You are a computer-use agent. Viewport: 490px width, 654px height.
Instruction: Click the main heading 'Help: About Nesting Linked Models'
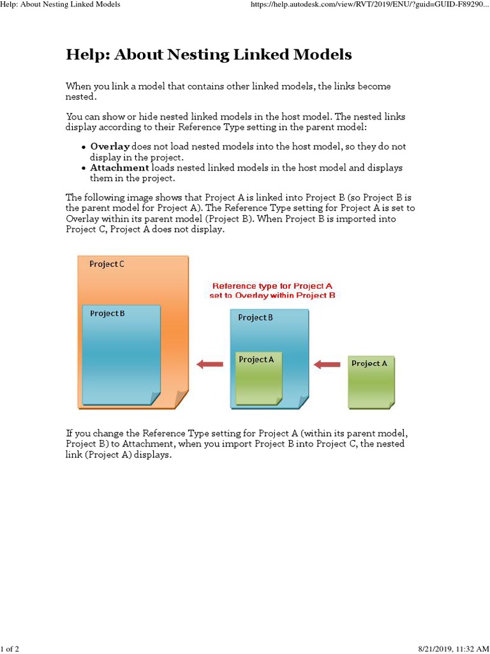tap(209, 55)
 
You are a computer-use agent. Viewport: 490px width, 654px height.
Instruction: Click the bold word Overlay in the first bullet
tap(110, 147)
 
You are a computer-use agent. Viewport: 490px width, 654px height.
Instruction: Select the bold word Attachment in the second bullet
tap(119, 168)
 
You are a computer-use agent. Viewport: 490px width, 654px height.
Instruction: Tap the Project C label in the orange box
tap(107, 264)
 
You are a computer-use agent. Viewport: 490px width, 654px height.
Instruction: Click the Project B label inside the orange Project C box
tap(107, 314)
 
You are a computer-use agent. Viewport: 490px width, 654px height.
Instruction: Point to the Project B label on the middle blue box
tap(255, 317)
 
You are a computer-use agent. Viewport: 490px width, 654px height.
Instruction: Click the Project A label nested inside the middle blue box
tap(256, 360)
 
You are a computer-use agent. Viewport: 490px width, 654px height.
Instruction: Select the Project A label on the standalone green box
tap(369, 363)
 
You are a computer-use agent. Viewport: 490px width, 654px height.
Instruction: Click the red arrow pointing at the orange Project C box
tap(209, 365)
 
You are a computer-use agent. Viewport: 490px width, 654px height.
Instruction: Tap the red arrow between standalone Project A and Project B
tap(327, 365)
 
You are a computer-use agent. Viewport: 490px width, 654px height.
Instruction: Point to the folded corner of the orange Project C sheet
tap(182, 400)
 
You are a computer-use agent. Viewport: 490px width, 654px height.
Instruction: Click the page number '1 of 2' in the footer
tap(10, 649)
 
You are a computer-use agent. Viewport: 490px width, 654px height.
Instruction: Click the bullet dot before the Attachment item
tap(84, 169)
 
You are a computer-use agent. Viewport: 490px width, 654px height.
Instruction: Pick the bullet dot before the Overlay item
tap(84, 148)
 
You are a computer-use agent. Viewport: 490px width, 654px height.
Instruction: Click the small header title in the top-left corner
tap(60, 4)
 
